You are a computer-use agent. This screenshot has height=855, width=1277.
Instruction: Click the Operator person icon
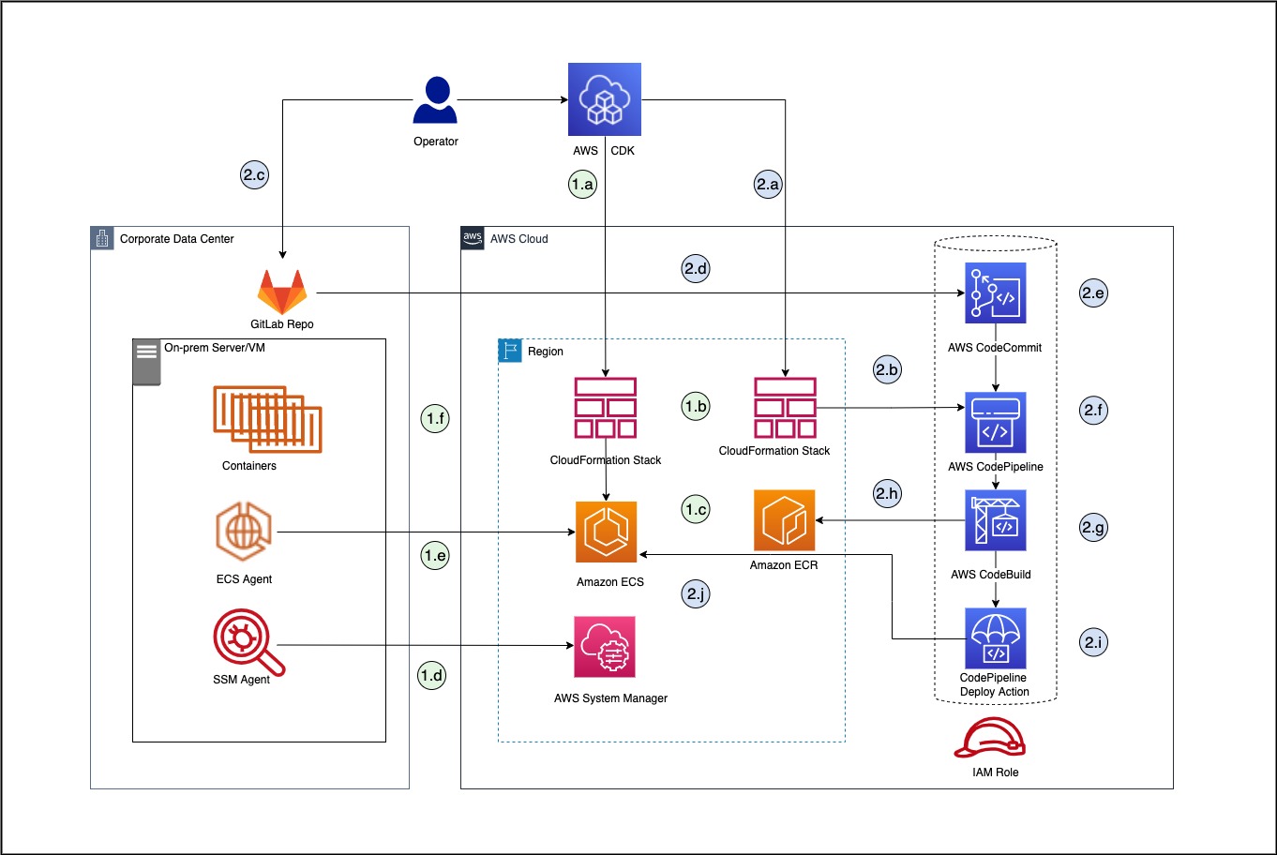click(435, 101)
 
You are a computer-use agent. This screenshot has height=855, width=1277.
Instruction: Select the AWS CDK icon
click(605, 99)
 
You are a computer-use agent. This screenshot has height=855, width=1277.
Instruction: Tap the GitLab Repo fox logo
click(282, 292)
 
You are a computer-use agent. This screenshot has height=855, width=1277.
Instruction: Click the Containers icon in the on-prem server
click(267, 419)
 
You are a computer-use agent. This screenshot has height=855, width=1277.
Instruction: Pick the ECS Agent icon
click(244, 532)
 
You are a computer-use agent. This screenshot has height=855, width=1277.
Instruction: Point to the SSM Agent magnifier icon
click(247, 642)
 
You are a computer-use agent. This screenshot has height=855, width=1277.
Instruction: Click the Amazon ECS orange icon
click(606, 532)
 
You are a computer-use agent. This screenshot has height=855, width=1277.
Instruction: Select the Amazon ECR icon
click(785, 520)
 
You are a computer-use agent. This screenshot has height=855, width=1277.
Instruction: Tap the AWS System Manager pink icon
click(605, 647)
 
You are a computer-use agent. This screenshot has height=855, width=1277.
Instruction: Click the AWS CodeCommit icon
click(996, 293)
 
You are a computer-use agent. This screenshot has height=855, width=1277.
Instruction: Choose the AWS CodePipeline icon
click(996, 423)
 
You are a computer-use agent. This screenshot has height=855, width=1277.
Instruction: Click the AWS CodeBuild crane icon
click(996, 521)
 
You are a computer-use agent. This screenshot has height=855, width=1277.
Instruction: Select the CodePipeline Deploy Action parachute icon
click(996, 638)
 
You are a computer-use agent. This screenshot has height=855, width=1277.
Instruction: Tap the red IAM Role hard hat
click(990, 739)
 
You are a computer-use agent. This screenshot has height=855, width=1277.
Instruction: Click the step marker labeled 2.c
click(254, 174)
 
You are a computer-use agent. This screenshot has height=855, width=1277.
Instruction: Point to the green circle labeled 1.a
click(582, 184)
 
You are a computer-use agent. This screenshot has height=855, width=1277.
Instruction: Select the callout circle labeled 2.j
click(696, 593)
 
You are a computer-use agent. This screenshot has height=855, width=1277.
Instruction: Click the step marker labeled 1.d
click(432, 675)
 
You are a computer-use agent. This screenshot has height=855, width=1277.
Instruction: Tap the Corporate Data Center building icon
click(102, 238)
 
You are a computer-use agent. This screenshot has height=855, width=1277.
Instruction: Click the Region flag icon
click(510, 351)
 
